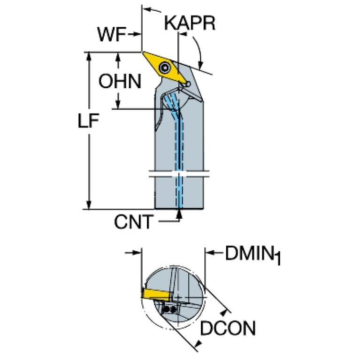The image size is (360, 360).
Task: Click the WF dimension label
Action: click(x=111, y=34)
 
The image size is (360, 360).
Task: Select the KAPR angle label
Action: click(x=190, y=23)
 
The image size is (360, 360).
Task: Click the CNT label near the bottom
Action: click(x=134, y=222)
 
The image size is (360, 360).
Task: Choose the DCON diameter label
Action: click(x=228, y=329)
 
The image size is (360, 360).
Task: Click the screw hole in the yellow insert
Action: click(x=165, y=68)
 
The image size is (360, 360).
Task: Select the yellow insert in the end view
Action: click(x=155, y=294)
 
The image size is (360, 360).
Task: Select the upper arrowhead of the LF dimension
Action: click(x=88, y=55)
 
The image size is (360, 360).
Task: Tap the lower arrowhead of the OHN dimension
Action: click(x=119, y=105)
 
